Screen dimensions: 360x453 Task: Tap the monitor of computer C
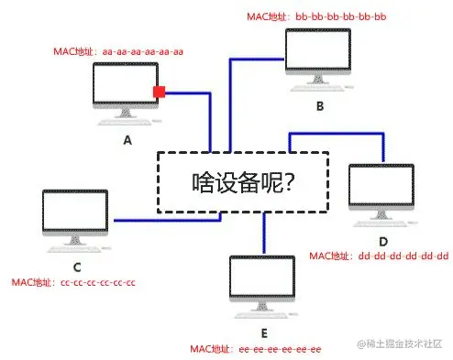(x=75, y=215)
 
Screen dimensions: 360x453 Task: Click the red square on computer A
(x=159, y=92)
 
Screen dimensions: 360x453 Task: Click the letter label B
(x=319, y=106)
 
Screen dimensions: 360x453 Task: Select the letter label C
(x=77, y=267)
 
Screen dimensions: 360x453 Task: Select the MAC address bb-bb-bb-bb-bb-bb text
(x=317, y=16)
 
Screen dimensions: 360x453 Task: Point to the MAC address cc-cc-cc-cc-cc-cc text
(x=73, y=282)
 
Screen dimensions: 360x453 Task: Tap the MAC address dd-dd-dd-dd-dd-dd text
(x=380, y=255)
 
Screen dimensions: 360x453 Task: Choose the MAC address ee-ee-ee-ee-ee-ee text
(x=256, y=349)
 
